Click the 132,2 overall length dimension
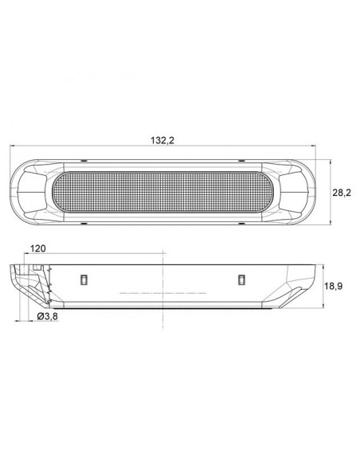click(162, 140)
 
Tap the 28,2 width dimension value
click(342, 193)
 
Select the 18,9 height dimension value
click(333, 286)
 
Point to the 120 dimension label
click(38, 248)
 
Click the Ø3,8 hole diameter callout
click(48, 316)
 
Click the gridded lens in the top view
click(162, 192)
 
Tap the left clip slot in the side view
click(84, 279)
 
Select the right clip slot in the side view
click(241, 279)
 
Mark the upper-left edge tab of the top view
click(84, 161)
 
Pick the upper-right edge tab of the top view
click(241, 161)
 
